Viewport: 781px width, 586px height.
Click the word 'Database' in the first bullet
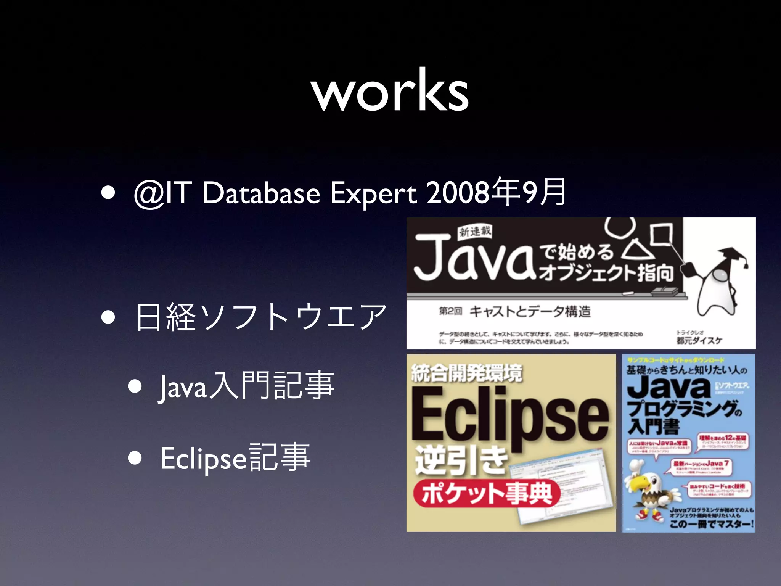tap(261, 193)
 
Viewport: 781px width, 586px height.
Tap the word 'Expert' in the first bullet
tap(373, 193)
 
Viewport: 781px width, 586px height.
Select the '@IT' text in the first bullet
tap(162, 193)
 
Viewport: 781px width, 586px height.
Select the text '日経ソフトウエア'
tap(261, 317)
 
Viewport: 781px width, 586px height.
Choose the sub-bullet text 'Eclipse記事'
tap(235, 457)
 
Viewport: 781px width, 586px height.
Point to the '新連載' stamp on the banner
tap(475, 231)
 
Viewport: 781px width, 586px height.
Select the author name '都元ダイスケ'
tap(699, 340)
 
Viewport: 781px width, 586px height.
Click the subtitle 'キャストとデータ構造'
tap(530, 312)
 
